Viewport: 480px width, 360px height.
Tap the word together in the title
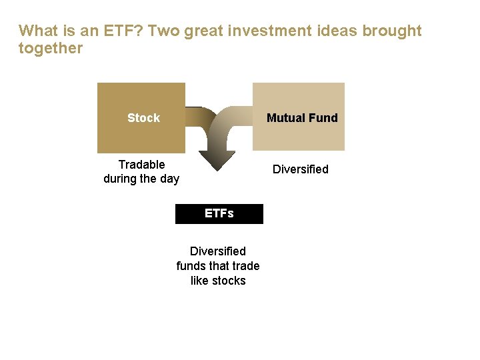tap(51, 48)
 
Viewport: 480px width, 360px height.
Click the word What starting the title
tap(37, 31)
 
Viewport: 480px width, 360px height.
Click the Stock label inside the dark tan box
tap(143, 118)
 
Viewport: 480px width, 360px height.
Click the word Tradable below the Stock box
tap(141, 164)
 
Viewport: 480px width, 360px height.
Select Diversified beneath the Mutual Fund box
tap(300, 169)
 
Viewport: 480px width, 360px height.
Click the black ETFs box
tap(219, 214)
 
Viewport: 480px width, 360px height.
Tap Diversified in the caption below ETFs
tap(217, 251)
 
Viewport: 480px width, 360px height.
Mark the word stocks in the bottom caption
tap(230, 281)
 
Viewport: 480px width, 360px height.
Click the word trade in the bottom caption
tap(245, 266)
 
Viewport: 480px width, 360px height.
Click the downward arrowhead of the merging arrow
tap(217, 161)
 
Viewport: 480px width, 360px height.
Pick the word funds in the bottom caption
tap(191, 266)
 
